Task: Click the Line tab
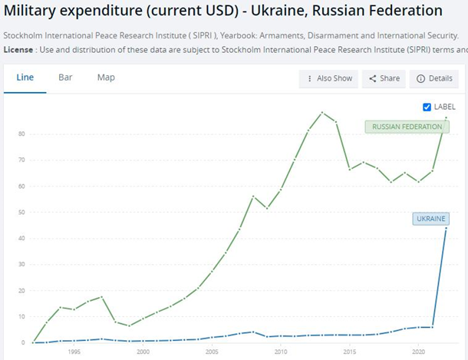(25, 78)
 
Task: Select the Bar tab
(66, 78)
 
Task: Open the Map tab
(106, 78)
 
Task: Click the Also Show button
(329, 78)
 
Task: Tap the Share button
(384, 78)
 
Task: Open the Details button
(434, 78)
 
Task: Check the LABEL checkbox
(427, 107)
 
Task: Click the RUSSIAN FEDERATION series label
(407, 126)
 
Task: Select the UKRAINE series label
(430, 219)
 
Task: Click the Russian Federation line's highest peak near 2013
(322, 113)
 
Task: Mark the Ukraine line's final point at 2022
(447, 228)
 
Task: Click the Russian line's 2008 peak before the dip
(253, 197)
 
